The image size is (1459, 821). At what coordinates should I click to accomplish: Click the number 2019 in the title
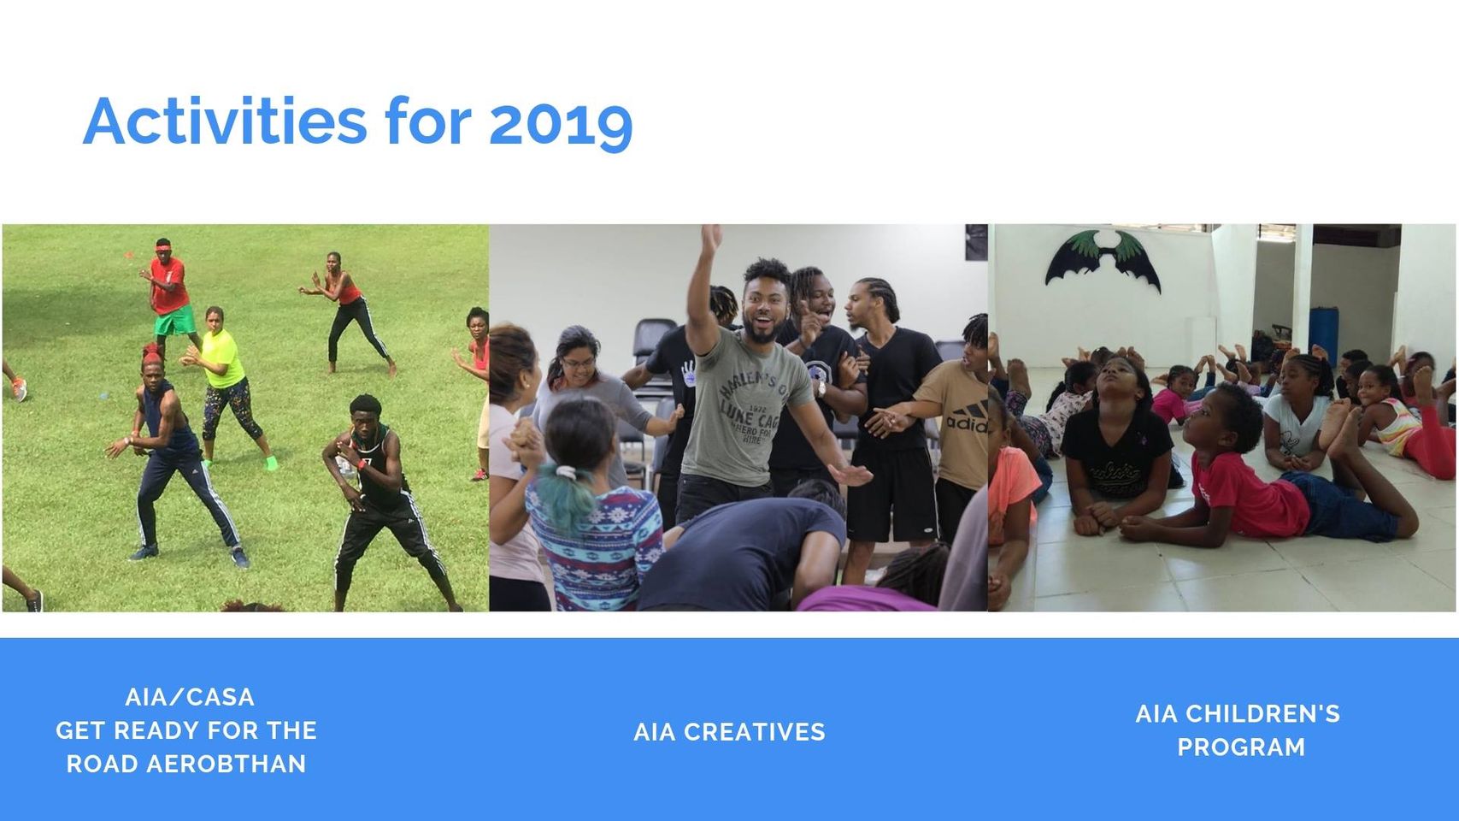pyautogui.click(x=561, y=123)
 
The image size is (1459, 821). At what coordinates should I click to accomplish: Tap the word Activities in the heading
pyautogui.click(x=226, y=121)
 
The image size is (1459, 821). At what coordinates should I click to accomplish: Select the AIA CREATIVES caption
pyautogui.click(x=730, y=732)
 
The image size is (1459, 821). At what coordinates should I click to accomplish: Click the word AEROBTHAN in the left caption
pyautogui.click(x=226, y=764)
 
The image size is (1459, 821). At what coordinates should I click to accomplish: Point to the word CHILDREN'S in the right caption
pyautogui.click(x=1262, y=713)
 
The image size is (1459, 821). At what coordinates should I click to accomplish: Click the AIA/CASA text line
pyautogui.click(x=190, y=697)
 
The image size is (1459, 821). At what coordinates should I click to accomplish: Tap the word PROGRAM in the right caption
pyautogui.click(x=1241, y=747)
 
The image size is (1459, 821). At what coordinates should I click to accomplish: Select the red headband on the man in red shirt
pyautogui.click(x=163, y=246)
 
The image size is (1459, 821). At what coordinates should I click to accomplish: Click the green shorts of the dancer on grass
pyautogui.click(x=174, y=321)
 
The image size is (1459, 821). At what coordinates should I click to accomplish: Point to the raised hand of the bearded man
pyautogui.click(x=710, y=239)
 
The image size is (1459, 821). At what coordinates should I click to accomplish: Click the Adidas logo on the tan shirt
pyautogui.click(x=968, y=417)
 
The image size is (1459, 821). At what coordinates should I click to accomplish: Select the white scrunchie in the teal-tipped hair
pyautogui.click(x=565, y=472)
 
